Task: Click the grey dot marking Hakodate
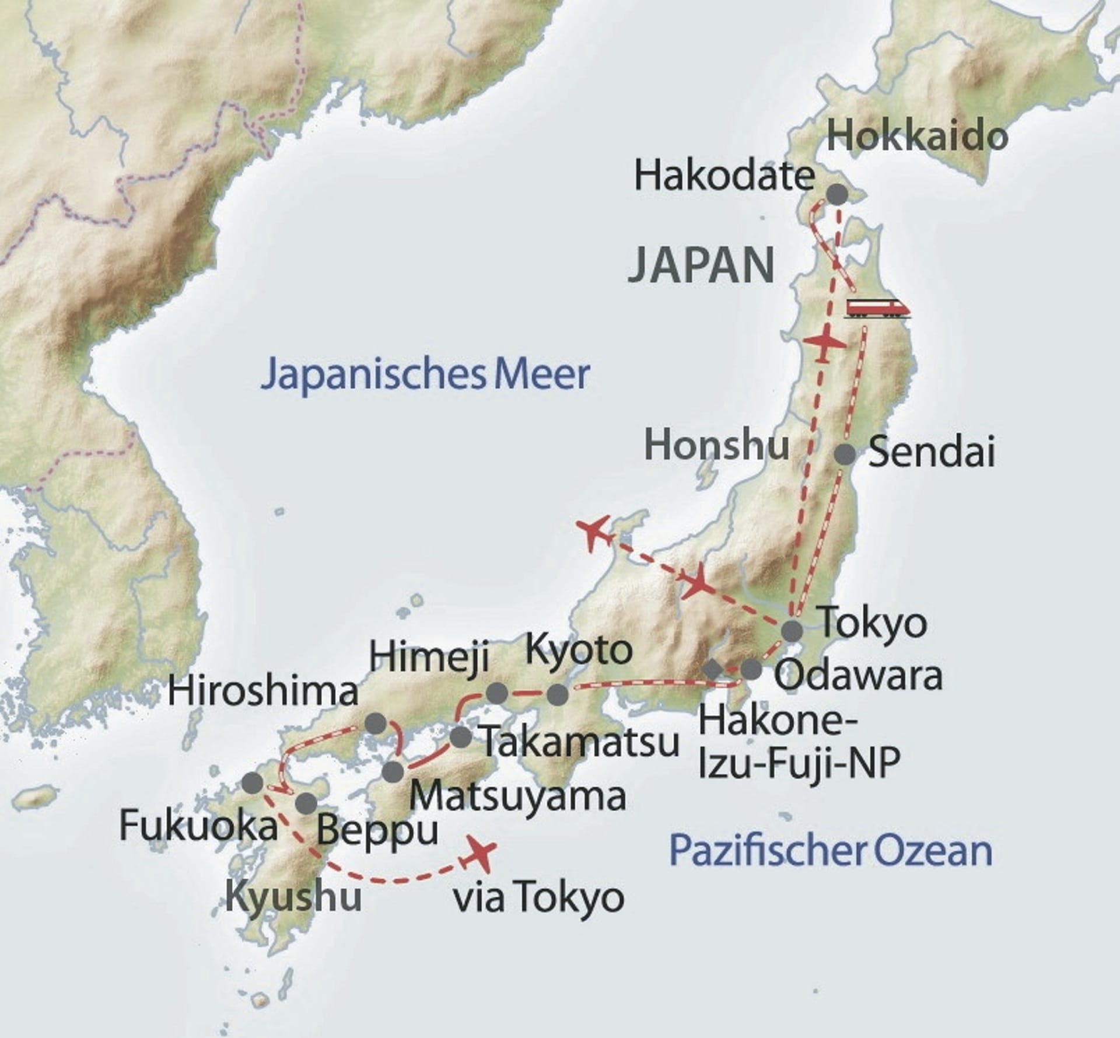point(836,194)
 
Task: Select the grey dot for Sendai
point(845,454)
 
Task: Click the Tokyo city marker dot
point(792,630)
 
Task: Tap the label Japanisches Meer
point(425,375)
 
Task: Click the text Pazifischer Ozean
point(831,851)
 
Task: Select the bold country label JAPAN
point(702,265)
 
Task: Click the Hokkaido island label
point(917,135)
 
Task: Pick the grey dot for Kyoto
point(558,694)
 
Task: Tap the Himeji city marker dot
point(497,693)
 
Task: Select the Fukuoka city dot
point(253,783)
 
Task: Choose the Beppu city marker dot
point(306,803)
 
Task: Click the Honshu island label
point(716,446)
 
